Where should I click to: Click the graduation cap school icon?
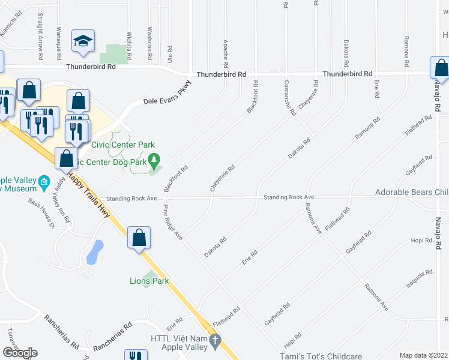(82, 41)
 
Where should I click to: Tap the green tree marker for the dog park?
(155, 160)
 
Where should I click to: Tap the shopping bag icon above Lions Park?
(139, 238)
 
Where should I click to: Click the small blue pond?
(93, 253)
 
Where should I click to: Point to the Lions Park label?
(149, 281)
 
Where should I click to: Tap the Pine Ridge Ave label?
(173, 222)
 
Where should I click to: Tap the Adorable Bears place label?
(412, 193)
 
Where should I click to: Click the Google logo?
(20, 353)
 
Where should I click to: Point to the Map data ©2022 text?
(423, 355)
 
